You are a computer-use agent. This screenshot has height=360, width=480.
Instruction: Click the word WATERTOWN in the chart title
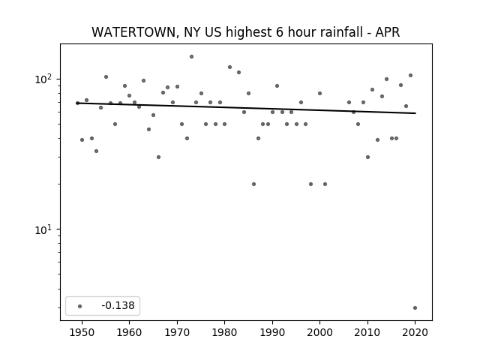point(133,32)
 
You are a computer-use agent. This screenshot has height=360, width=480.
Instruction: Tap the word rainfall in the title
point(342,32)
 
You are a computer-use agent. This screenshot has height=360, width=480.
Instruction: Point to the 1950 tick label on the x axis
point(82,332)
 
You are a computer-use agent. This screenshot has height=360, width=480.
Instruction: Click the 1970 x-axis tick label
point(177,332)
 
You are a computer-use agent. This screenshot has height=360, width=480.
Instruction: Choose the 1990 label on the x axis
point(272,332)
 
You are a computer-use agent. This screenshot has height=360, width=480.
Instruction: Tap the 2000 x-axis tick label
point(320,332)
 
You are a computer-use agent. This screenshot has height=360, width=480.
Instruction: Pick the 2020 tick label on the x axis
point(415,332)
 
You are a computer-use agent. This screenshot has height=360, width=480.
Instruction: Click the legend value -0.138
point(118,305)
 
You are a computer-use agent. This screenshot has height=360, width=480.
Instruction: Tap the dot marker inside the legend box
point(80,306)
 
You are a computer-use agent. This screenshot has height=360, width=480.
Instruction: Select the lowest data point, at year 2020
point(415,308)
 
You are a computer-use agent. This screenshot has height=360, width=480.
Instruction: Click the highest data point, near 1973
point(192,57)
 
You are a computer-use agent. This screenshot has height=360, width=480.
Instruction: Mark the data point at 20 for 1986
point(253,184)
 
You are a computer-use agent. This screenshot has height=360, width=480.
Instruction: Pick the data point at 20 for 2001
point(325,184)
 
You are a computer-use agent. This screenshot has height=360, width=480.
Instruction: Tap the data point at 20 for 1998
point(311,184)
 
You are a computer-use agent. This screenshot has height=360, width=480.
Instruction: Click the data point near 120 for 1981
point(230,67)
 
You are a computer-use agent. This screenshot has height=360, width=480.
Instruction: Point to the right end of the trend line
point(415,113)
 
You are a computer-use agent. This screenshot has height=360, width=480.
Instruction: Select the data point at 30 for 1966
point(158,157)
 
